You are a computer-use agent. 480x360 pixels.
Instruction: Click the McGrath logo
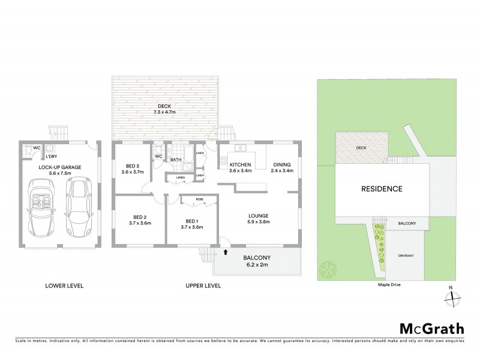coord(431,328)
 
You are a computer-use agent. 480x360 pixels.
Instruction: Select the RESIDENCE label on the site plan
coord(381,188)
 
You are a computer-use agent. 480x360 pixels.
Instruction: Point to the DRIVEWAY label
coord(406,256)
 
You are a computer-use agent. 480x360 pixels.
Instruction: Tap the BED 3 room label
coord(133,166)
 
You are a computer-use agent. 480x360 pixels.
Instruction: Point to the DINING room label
coord(281,165)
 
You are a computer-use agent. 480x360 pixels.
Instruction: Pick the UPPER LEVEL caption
coord(201,285)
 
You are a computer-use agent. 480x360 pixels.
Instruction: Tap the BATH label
coord(176,160)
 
